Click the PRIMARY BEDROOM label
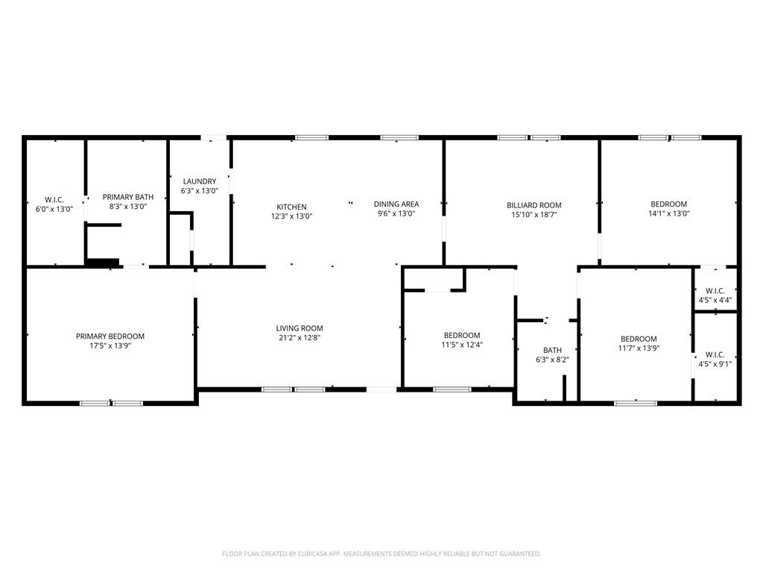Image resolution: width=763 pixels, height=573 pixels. pos(110,336)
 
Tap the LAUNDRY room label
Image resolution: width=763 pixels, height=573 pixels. pos(199,181)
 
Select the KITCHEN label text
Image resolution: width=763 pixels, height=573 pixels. pos(291,207)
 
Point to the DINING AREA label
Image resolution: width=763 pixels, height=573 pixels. pos(396,204)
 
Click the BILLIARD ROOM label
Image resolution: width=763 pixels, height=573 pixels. pos(534,205)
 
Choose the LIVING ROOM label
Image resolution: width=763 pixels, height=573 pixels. pos(300,328)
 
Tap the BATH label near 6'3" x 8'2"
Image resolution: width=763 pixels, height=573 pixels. pos(552,350)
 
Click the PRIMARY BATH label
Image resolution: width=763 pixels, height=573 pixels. pos(128,197)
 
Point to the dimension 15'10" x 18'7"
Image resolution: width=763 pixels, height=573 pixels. pos(534,214)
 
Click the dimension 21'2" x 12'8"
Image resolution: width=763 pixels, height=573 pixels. pos(300,337)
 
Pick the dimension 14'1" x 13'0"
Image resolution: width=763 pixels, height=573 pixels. pos(668,213)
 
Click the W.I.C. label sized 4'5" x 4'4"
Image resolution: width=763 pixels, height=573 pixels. pos(715,291)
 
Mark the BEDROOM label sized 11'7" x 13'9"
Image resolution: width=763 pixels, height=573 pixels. pos(639,339)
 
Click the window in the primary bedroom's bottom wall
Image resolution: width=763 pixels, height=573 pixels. pos(111,404)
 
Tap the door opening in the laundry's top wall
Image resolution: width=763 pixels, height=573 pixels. pos(214,137)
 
